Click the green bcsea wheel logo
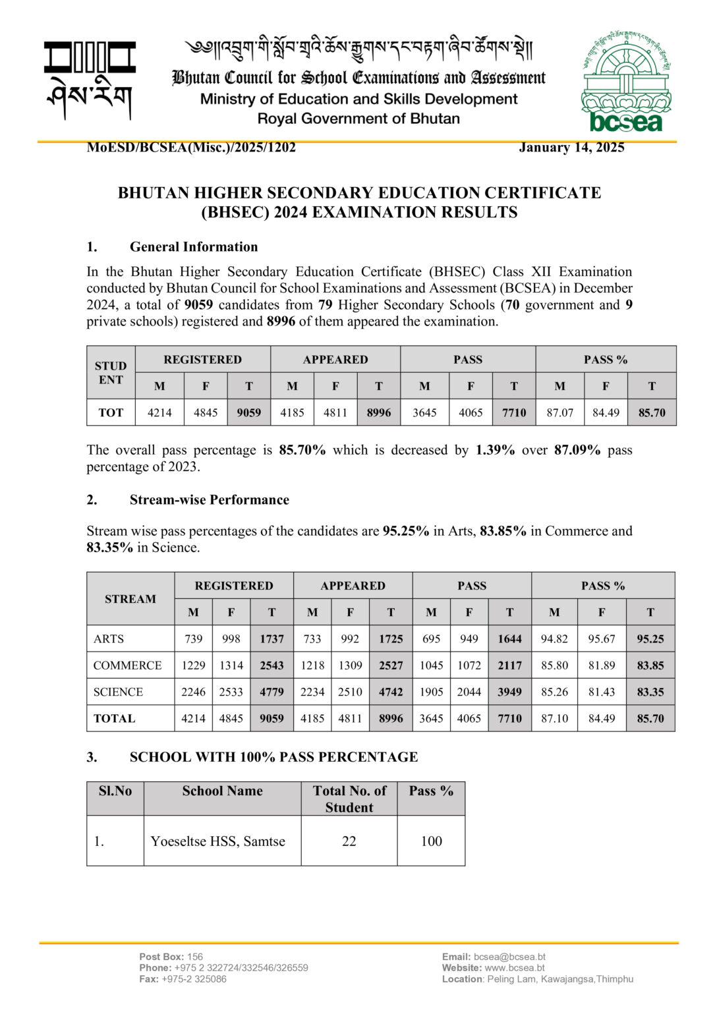point(625,80)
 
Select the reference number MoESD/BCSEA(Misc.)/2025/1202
point(191,148)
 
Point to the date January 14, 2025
point(571,148)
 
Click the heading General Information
point(193,247)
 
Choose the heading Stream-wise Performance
point(209,500)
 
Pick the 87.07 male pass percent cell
point(559,413)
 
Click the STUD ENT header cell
point(111,373)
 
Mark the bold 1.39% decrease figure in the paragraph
point(495,451)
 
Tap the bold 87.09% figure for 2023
point(577,451)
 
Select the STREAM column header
point(130,599)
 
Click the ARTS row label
point(109,639)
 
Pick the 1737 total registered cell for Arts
point(272,639)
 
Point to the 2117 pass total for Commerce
point(509,665)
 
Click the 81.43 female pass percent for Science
point(602,692)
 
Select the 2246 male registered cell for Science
point(193,692)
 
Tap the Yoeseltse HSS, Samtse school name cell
point(218,841)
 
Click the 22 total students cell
point(349,841)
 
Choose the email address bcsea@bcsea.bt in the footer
point(509,957)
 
